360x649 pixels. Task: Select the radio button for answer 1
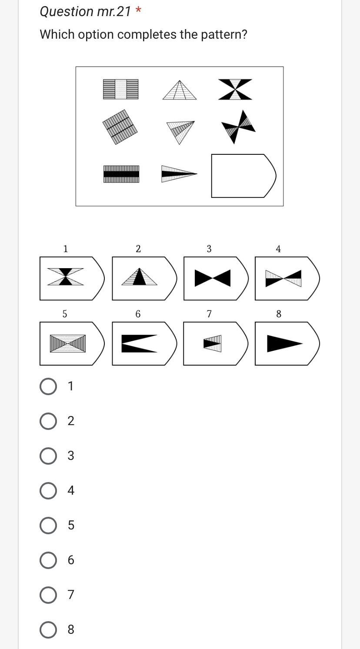47,386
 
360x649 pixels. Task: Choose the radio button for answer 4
47,490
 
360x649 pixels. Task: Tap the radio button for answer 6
47,560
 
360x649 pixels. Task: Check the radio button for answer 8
47,629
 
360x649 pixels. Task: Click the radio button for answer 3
47,456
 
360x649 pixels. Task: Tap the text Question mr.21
85,12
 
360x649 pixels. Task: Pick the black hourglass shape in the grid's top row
235,90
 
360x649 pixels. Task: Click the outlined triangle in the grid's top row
179,91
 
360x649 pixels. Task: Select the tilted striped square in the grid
120,127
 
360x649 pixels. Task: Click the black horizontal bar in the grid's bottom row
121,174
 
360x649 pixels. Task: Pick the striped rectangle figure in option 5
67,343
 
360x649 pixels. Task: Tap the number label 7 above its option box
209,313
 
